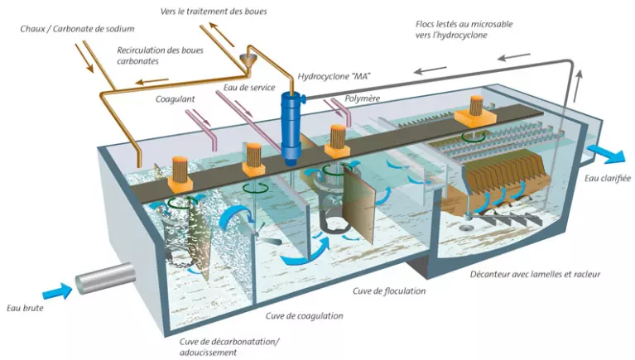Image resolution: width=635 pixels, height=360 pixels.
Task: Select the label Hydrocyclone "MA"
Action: pyautogui.click(x=334, y=77)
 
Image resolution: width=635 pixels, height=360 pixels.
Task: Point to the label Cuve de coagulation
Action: pyautogui.click(x=304, y=315)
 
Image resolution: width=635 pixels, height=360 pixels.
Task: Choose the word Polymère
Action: pyautogui.click(x=363, y=98)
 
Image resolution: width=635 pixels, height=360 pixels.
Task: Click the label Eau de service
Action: pyautogui.click(x=249, y=87)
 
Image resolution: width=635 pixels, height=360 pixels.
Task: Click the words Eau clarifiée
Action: pyautogui.click(x=607, y=178)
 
